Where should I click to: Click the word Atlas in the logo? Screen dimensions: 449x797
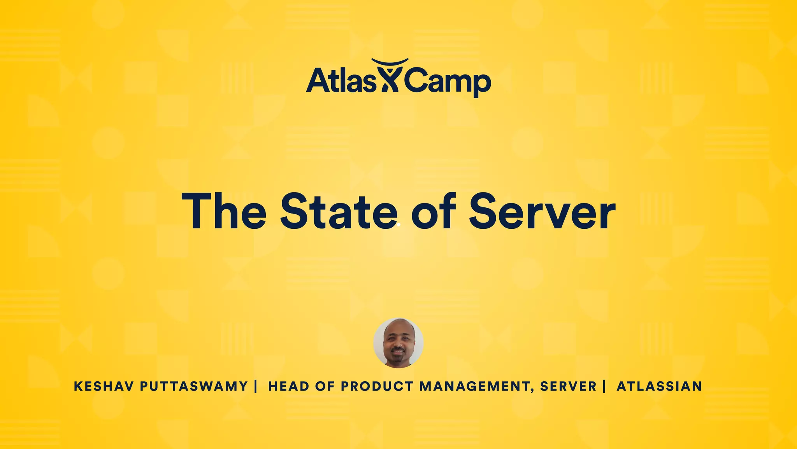click(341, 80)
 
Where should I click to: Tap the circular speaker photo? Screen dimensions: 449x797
click(398, 343)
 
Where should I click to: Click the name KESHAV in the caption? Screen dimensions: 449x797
click(104, 386)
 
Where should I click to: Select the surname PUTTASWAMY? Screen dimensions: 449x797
click(194, 386)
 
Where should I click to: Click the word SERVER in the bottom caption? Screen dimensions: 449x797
click(568, 386)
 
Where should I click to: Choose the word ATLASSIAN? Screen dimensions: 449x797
click(659, 386)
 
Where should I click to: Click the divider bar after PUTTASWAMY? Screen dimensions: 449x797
click(255, 386)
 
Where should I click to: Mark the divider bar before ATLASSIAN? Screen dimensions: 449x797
click(604, 386)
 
